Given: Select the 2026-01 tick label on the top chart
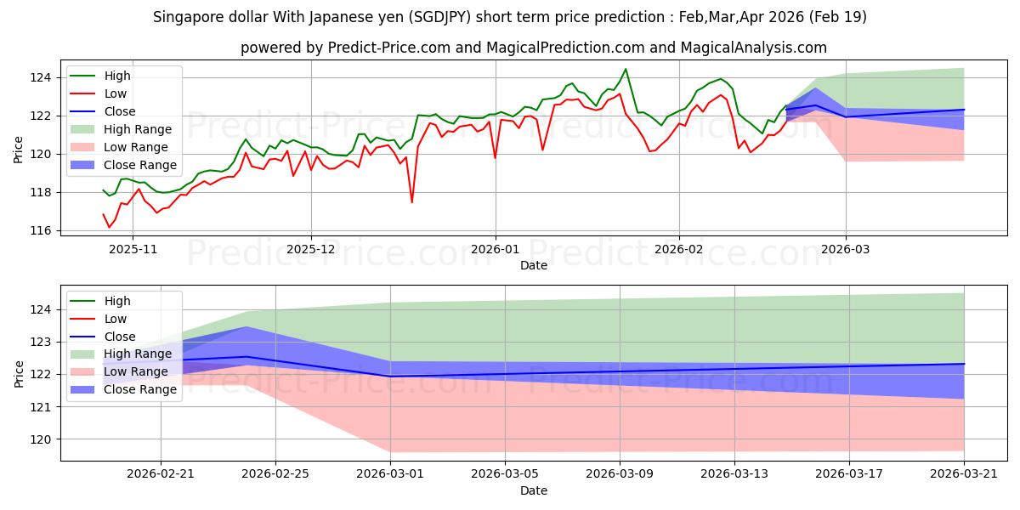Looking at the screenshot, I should (x=495, y=249).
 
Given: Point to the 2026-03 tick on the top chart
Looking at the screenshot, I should (x=846, y=249).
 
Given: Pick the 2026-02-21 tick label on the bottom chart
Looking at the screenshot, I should (x=161, y=474).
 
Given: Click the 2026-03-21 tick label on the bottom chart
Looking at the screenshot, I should (x=963, y=474).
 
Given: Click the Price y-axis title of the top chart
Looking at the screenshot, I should (x=19, y=149).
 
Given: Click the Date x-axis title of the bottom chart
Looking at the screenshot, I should (x=533, y=490).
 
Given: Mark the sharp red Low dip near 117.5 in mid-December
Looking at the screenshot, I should (x=411, y=202).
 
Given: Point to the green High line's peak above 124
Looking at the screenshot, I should (x=626, y=69).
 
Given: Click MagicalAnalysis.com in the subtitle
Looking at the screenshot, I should (x=756, y=48).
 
